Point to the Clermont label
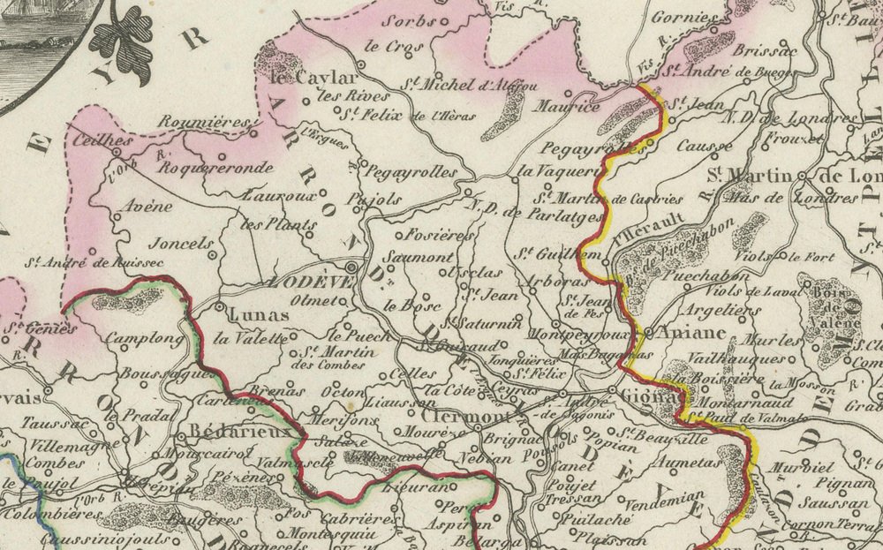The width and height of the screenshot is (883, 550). pos(457,416)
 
